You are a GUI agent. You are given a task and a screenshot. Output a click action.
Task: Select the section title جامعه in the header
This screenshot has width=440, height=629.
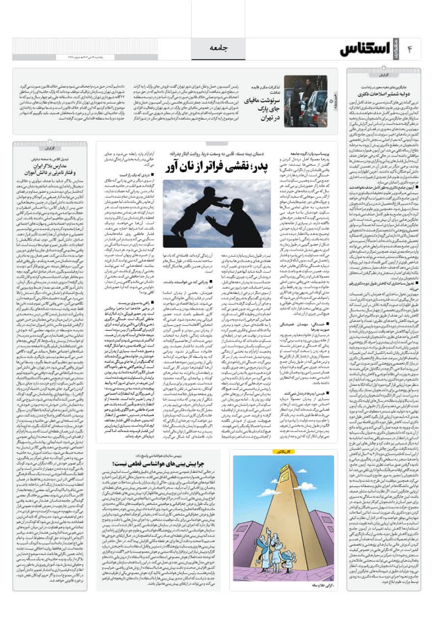220,48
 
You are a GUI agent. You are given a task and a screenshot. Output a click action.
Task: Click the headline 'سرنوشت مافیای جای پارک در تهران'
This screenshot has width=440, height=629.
260,109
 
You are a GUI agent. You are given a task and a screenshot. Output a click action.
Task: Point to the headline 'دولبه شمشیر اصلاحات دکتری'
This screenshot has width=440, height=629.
383,92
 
